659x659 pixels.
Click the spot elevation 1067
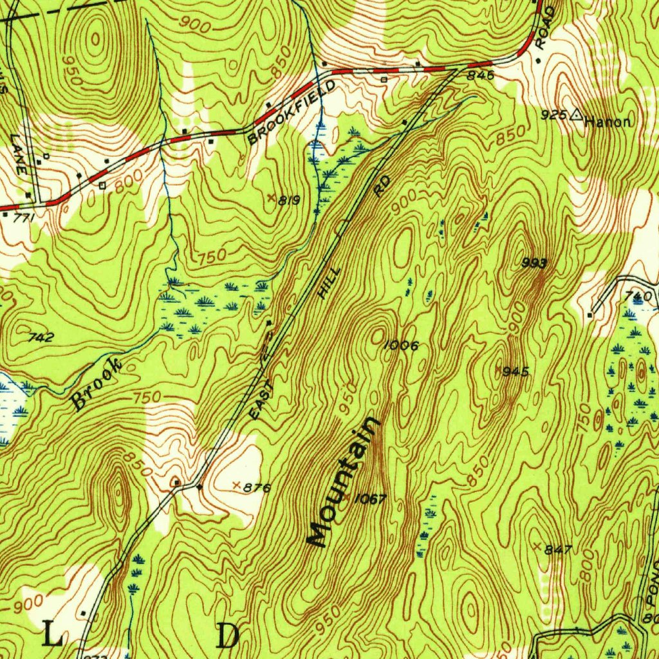pos(369,499)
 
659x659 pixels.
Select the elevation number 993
pos(535,263)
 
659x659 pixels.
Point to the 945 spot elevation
pos(516,371)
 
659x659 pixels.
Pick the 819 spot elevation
pos(289,200)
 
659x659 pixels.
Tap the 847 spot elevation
pos(558,550)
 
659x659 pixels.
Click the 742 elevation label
pos(41,337)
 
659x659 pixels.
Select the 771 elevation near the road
pos(23,219)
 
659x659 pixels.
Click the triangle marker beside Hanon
pos(576,116)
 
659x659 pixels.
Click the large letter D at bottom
pos(228,635)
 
